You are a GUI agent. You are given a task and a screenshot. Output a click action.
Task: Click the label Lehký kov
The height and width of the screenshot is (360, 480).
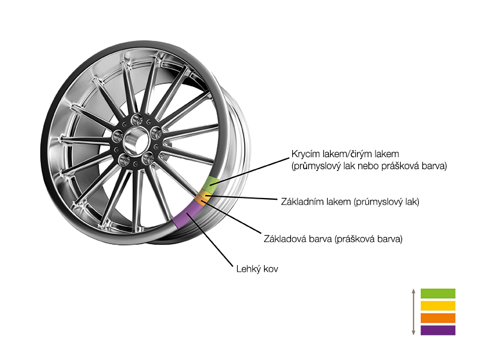point(257,269)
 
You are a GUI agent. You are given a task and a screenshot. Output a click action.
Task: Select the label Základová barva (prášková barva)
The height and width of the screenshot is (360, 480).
point(333,239)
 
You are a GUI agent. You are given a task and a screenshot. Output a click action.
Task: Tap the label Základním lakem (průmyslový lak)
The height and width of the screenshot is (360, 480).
point(350,202)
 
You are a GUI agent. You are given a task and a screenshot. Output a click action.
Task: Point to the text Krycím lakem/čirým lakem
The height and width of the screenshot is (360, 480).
point(346,154)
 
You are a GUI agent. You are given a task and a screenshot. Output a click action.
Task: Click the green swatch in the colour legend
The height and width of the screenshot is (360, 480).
point(438,293)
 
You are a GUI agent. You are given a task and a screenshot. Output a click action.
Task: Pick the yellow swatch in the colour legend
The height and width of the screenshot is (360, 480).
point(438,306)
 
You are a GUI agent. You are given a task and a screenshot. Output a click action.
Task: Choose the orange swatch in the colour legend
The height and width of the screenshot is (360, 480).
point(438,318)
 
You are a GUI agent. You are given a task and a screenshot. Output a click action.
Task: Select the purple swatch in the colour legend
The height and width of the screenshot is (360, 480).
point(438,331)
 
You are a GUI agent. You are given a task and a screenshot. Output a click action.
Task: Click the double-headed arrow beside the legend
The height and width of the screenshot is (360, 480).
point(413,311)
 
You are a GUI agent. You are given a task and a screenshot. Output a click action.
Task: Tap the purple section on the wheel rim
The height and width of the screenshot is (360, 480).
point(187,214)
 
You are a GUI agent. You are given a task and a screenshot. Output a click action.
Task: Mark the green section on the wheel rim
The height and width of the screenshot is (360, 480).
point(211,184)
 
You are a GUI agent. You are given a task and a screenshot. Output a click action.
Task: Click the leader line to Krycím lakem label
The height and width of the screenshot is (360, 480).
point(250,172)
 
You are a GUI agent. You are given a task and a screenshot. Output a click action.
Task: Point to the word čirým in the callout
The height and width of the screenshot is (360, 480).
point(365,154)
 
